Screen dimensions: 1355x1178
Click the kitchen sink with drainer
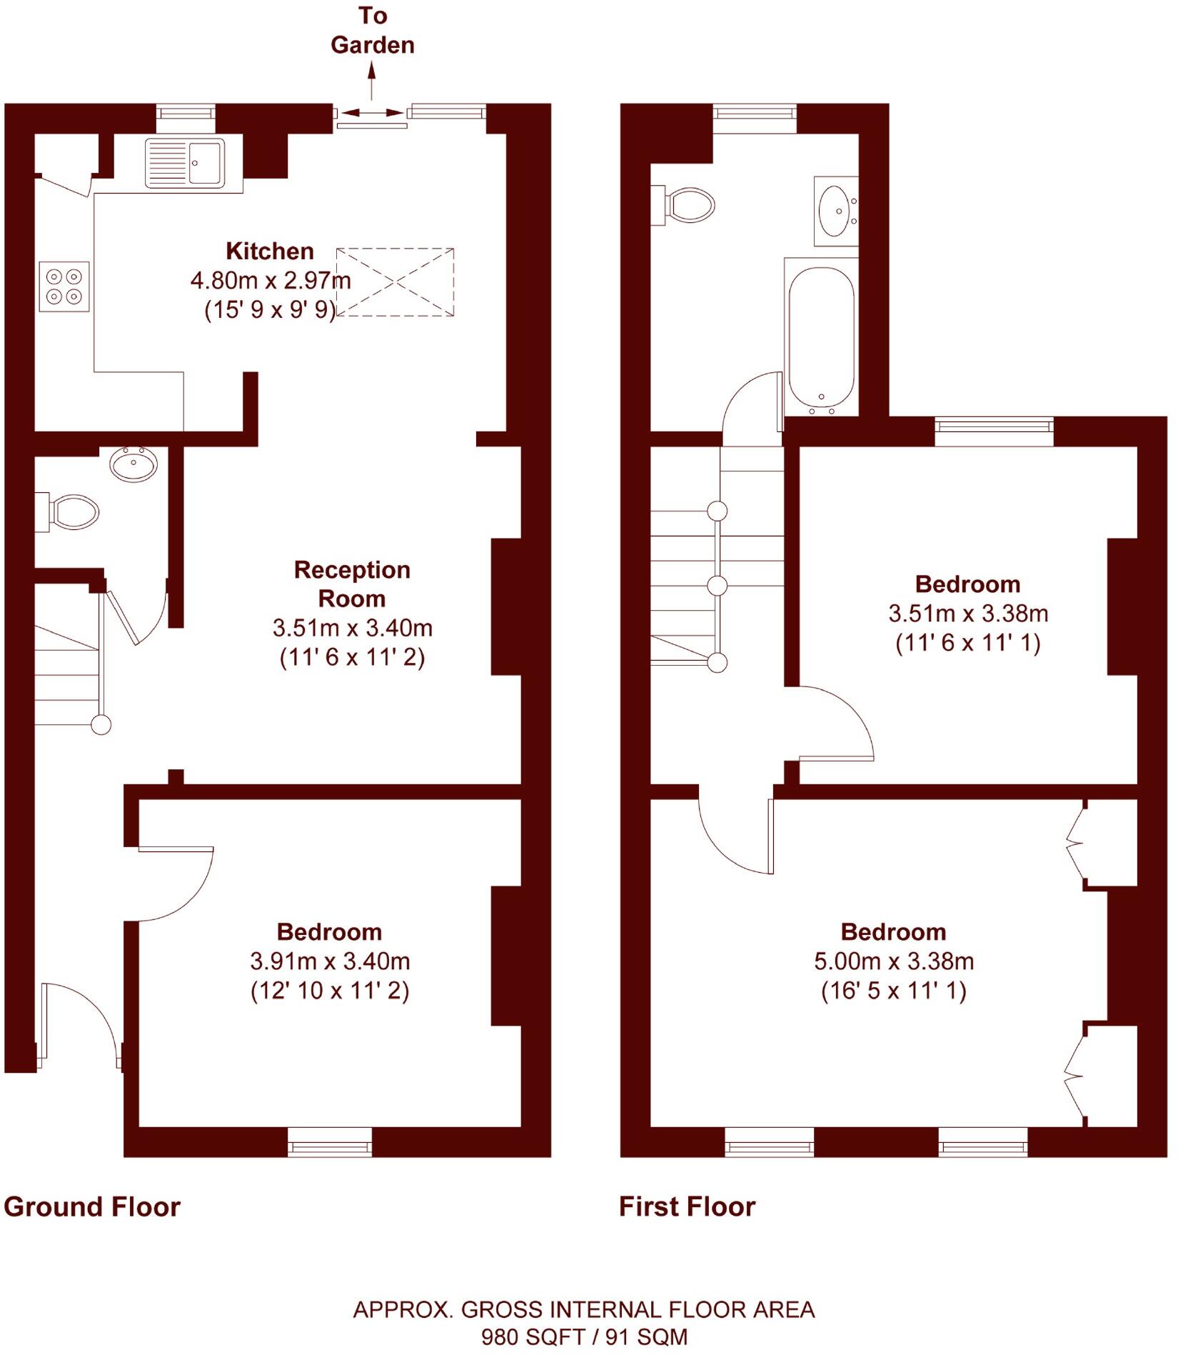pyautogui.click(x=185, y=164)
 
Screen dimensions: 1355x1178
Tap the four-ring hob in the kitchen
pyautogui.click(x=64, y=286)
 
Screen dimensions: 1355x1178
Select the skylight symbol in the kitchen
pyautogui.click(x=395, y=282)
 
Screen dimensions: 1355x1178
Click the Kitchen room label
pyautogui.click(x=270, y=251)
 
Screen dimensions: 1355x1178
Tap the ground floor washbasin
pyautogui.click(x=134, y=464)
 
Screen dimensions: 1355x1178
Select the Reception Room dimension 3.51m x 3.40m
pyautogui.click(x=352, y=628)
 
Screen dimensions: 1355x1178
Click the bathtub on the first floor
pyautogui.click(x=821, y=337)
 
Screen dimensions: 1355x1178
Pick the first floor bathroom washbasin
pyautogui.click(x=835, y=211)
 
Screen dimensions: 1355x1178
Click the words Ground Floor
pyautogui.click(x=92, y=1206)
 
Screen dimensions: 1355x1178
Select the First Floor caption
pyautogui.click(x=687, y=1206)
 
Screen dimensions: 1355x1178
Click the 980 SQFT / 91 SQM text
pyautogui.click(x=584, y=1336)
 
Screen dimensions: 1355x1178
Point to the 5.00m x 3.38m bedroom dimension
pyautogui.click(x=894, y=961)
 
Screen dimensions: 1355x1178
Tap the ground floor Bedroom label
pyautogui.click(x=329, y=932)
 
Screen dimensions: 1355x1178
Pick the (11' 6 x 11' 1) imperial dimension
pyautogui.click(x=967, y=643)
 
